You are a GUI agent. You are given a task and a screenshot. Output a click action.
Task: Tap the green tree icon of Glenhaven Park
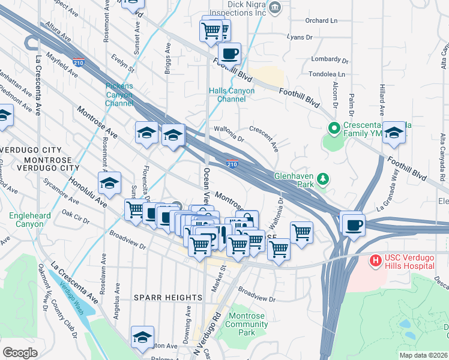[323, 178]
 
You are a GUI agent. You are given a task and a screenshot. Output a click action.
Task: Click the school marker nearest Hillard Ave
[394, 134]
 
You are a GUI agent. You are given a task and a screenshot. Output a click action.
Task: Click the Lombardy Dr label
[330, 60]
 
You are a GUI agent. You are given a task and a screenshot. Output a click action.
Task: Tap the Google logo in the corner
[20, 353]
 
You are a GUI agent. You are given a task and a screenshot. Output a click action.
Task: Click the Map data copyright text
[424, 355]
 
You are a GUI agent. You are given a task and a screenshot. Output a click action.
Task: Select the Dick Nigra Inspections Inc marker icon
[275, 7]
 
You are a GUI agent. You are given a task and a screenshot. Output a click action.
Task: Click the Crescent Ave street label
[264, 139]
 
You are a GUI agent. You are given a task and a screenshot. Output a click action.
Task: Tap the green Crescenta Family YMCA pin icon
[334, 128]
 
